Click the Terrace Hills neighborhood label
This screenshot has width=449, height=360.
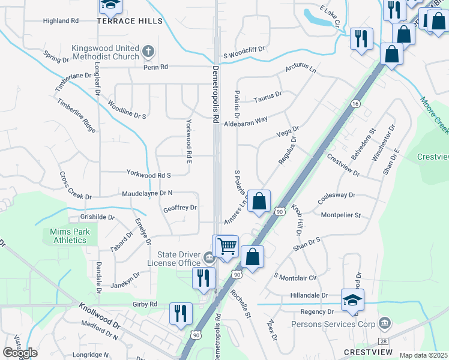[x=130, y=21]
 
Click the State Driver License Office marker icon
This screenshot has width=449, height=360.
[x=208, y=258]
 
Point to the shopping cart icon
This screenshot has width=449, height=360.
[x=226, y=245]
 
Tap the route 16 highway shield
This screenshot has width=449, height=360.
[x=356, y=104]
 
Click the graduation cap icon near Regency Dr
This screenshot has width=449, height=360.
[x=352, y=299]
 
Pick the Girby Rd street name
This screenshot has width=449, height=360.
[x=145, y=304]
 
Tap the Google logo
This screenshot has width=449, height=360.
[x=20, y=353]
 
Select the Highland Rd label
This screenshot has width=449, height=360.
[x=61, y=21]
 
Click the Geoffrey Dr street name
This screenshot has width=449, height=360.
[x=180, y=208]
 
